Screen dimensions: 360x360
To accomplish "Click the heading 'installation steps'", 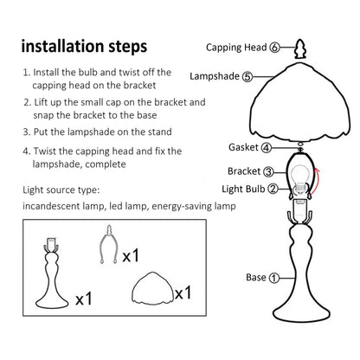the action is (84, 47).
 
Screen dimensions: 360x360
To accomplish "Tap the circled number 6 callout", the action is (274, 48).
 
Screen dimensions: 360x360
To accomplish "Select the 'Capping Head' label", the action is (236, 48).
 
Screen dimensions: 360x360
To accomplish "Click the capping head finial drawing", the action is (300, 48).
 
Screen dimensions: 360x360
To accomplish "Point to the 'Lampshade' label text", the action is (215, 76).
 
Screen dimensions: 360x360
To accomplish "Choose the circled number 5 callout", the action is (247, 77).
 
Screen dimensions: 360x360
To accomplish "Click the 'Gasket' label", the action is (243, 147).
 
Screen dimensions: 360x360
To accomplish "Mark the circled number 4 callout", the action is (267, 148).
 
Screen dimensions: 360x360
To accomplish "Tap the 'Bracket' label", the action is (244, 171).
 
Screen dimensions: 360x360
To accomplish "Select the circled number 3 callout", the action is (268, 171).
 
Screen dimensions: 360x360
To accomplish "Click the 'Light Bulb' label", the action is (243, 189).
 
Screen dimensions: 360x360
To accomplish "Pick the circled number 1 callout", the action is (274, 278).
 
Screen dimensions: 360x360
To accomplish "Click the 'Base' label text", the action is (256, 277).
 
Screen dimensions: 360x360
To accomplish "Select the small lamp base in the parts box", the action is (52, 273).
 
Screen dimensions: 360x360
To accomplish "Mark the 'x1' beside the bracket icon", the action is (131, 255).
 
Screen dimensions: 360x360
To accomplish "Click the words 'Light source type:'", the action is (61, 190).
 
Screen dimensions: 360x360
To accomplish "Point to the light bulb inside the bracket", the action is (300, 180).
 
